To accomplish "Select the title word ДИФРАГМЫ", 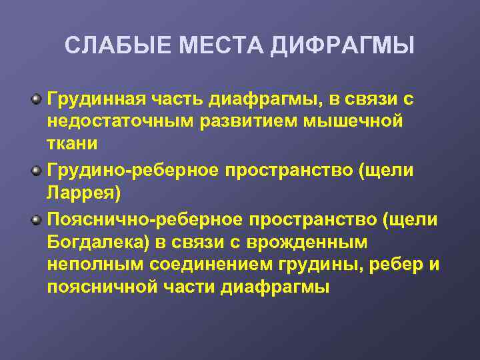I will click(343, 46).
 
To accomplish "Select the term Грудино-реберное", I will click(133, 170).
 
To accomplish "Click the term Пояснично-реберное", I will click(145, 220).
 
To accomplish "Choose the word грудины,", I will click(325, 264).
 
